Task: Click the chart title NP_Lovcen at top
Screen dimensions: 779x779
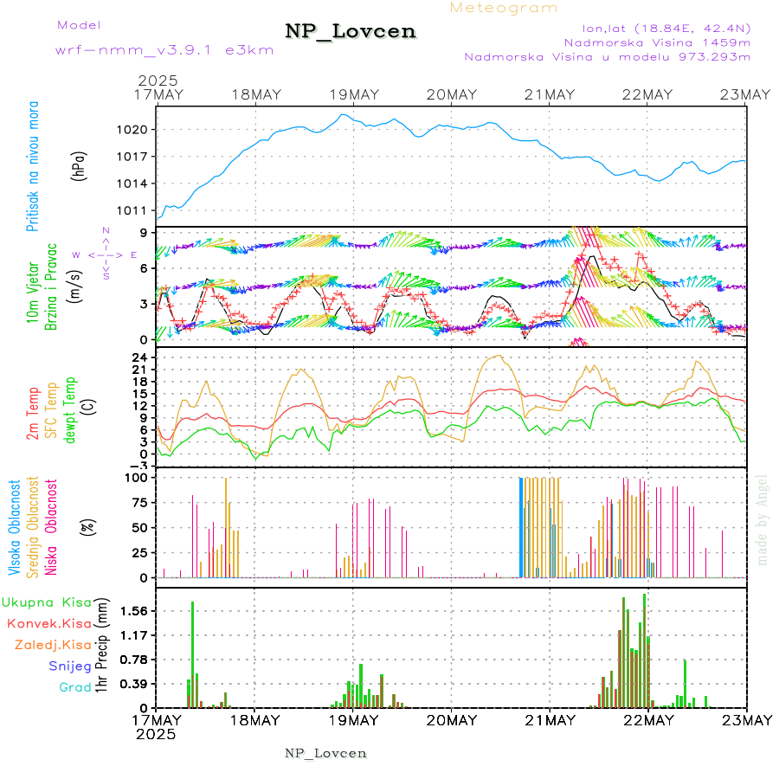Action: click(x=351, y=31)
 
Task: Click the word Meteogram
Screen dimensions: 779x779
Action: click(x=505, y=8)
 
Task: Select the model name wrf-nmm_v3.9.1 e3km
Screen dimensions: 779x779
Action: click(x=140, y=50)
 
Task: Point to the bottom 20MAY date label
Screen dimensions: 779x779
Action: click(x=451, y=720)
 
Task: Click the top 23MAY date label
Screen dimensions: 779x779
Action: click(x=746, y=94)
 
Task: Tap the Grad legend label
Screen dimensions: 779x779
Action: click(x=74, y=687)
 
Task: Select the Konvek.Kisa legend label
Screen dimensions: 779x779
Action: click(x=48, y=623)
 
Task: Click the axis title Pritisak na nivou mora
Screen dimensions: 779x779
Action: click(x=33, y=169)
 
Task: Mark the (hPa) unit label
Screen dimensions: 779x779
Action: click(x=79, y=169)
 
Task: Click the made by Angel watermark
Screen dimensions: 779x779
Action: click(x=763, y=519)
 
